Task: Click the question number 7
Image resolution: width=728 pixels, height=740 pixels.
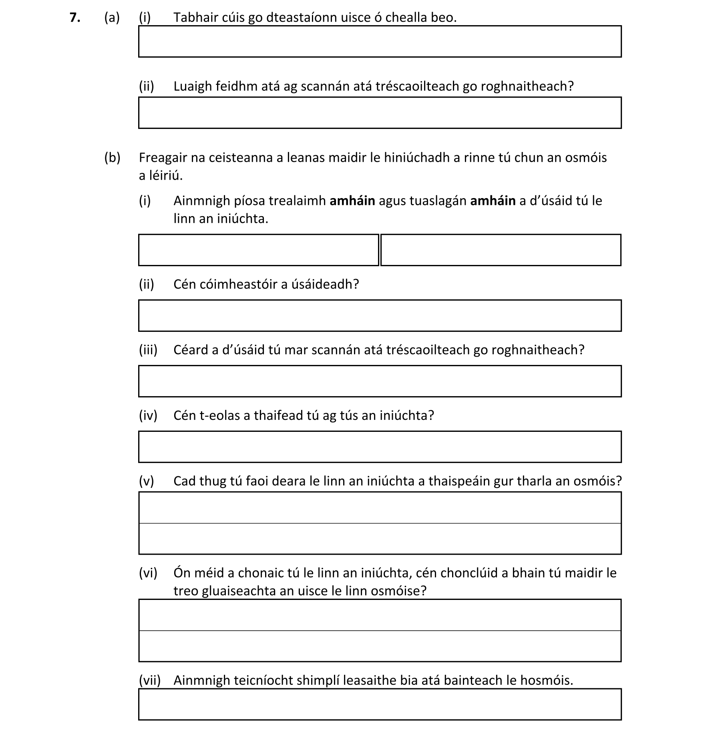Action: coord(74,18)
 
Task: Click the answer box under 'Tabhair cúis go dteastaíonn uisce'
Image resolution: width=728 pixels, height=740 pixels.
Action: coord(380,42)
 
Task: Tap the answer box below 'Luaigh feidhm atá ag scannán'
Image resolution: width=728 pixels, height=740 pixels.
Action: coord(380,113)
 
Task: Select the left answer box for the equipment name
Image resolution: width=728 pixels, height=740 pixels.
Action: coord(258,250)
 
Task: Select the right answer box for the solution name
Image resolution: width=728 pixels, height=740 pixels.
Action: coord(501,250)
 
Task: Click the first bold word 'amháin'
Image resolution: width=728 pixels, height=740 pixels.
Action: coord(352,201)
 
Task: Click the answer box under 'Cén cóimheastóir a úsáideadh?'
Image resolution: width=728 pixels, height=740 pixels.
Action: coord(380,316)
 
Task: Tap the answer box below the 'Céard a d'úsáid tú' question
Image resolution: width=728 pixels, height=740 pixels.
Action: coord(380,381)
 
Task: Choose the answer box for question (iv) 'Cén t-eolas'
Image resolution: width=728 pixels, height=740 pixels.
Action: coord(380,447)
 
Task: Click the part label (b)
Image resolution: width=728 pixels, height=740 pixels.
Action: coord(112,158)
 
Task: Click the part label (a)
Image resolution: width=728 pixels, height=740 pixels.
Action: coord(112,18)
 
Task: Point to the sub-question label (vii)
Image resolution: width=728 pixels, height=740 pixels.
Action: coord(149,680)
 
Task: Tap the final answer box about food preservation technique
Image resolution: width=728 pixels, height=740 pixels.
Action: coord(380,704)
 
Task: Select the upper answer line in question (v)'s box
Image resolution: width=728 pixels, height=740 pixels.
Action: coord(380,508)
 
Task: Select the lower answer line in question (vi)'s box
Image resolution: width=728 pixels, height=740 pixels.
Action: coord(380,646)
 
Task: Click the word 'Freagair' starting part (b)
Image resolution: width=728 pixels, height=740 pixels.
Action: coord(163,158)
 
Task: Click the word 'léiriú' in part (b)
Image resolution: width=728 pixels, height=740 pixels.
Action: coord(166,175)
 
